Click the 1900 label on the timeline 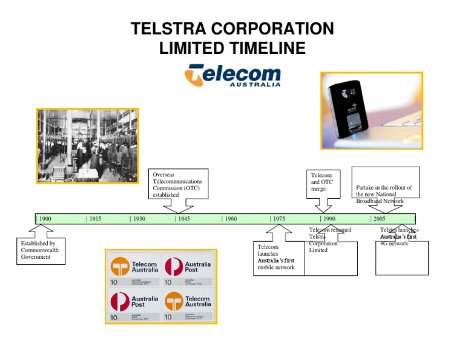(45, 219)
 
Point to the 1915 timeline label (94, 219)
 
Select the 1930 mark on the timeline (139, 219)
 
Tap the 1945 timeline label (184, 219)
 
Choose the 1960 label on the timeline (229, 219)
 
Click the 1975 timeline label (279, 219)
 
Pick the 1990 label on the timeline (329, 219)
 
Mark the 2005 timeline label (379, 219)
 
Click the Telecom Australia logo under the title (232, 76)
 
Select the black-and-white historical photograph (87, 145)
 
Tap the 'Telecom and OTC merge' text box (322, 182)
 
